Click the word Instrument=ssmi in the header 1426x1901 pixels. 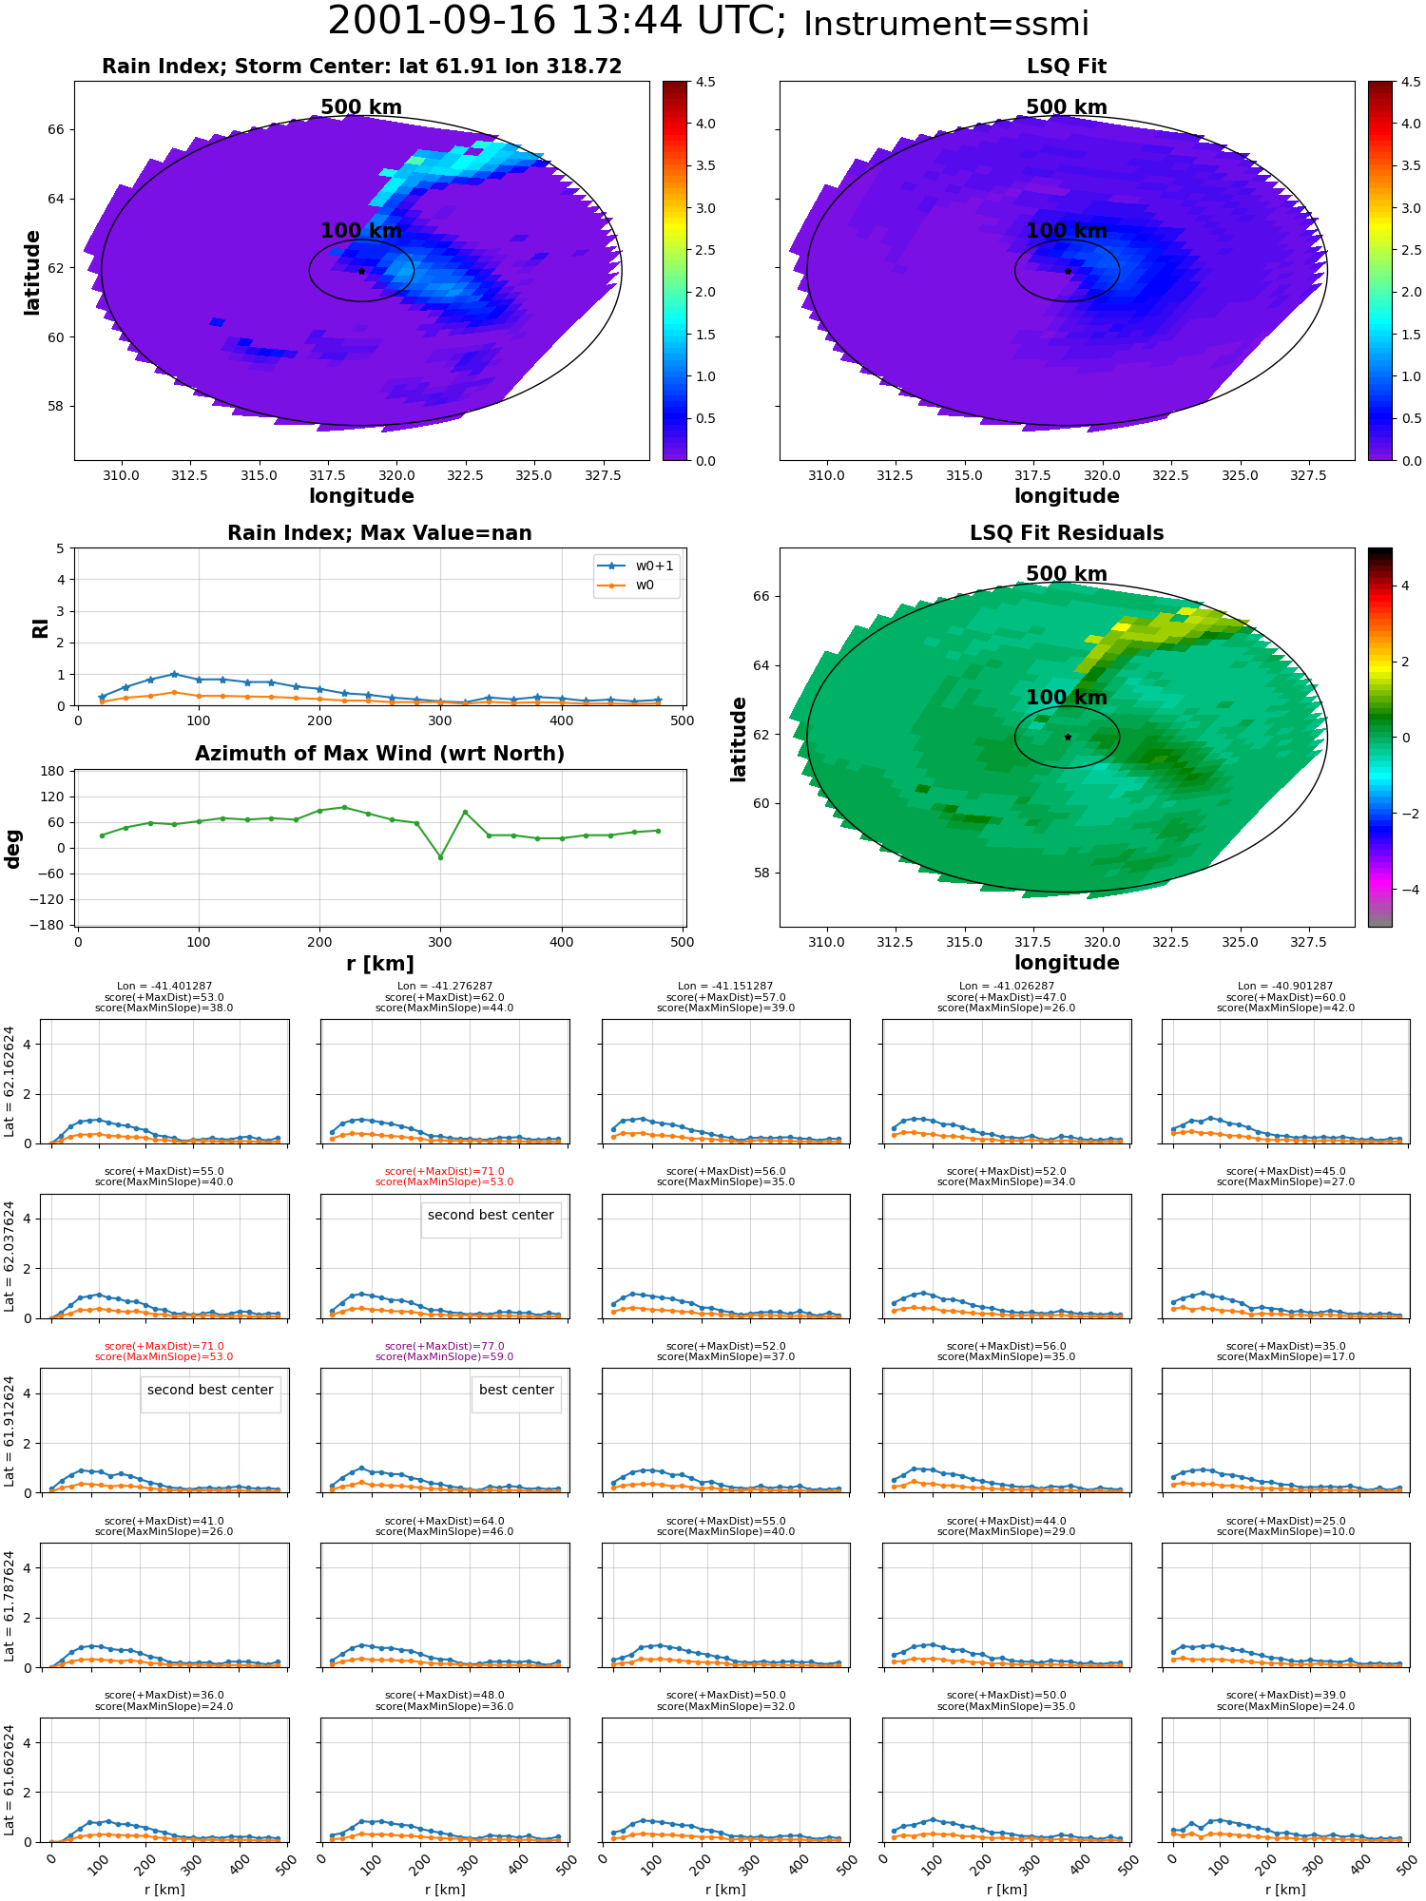coord(946,25)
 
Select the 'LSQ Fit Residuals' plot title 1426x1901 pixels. coord(1067,533)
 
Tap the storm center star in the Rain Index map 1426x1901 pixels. coord(361,271)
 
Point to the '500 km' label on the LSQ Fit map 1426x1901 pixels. coord(1067,107)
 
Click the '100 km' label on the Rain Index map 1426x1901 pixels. coord(361,231)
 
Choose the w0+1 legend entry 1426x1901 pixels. coord(636,566)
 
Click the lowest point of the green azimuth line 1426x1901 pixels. coord(440,857)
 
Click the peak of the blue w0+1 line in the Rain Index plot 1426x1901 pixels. coord(174,674)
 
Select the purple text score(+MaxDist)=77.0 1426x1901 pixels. coord(444,1346)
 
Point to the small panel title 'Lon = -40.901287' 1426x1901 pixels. coord(1285,987)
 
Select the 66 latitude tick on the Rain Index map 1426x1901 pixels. coord(55,130)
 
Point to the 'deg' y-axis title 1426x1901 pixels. coord(13,849)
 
